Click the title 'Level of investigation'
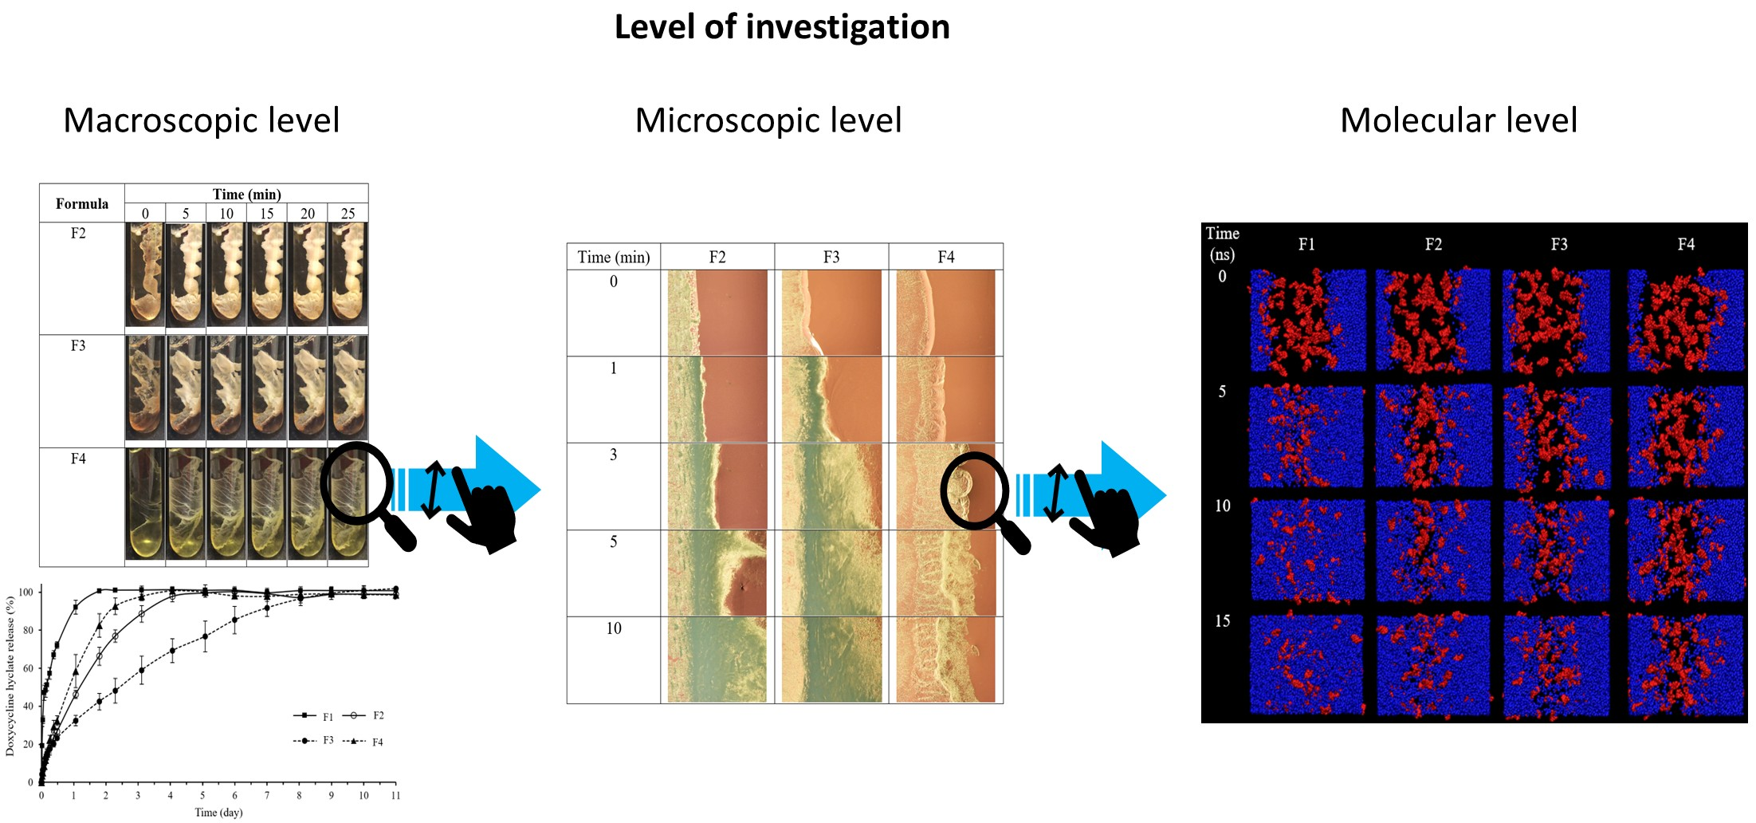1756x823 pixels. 782,27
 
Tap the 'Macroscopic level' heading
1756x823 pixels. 202,120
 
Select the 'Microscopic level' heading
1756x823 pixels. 768,120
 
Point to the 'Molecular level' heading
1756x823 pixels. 1459,120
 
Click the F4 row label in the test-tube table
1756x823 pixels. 78,459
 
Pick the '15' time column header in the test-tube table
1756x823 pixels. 267,214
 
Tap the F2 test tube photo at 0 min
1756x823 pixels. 145,274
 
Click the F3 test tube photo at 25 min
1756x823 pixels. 348,387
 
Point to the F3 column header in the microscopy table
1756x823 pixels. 831,257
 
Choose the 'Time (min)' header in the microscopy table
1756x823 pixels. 614,257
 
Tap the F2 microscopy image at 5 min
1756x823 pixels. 717,573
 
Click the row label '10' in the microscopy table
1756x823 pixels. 614,628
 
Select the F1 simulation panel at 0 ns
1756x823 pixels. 1307,321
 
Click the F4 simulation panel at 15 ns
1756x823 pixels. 1686,665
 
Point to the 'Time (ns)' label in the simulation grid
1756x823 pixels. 1222,244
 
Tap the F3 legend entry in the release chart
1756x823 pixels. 314,741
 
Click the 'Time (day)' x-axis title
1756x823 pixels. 218,813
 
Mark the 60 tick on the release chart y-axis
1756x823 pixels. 29,668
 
